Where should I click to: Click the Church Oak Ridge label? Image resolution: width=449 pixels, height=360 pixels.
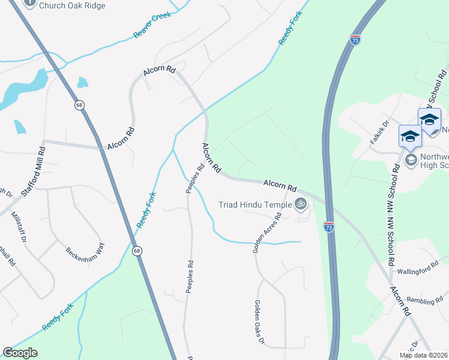[71, 5]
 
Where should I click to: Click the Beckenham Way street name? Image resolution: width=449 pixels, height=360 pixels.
[85, 247]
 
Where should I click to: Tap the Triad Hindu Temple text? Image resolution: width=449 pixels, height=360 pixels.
[255, 205]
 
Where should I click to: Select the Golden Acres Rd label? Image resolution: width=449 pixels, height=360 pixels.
[267, 232]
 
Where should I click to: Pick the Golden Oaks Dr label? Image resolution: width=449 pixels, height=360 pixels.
[259, 323]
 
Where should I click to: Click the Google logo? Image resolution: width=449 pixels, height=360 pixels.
[20, 353]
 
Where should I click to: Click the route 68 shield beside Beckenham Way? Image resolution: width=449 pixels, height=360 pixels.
[137, 251]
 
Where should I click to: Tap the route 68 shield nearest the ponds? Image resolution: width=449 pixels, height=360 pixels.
[79, 105]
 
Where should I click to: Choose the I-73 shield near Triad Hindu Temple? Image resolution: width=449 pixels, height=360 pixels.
[328, 227]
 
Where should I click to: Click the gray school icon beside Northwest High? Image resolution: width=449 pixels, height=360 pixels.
[411, 159]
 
